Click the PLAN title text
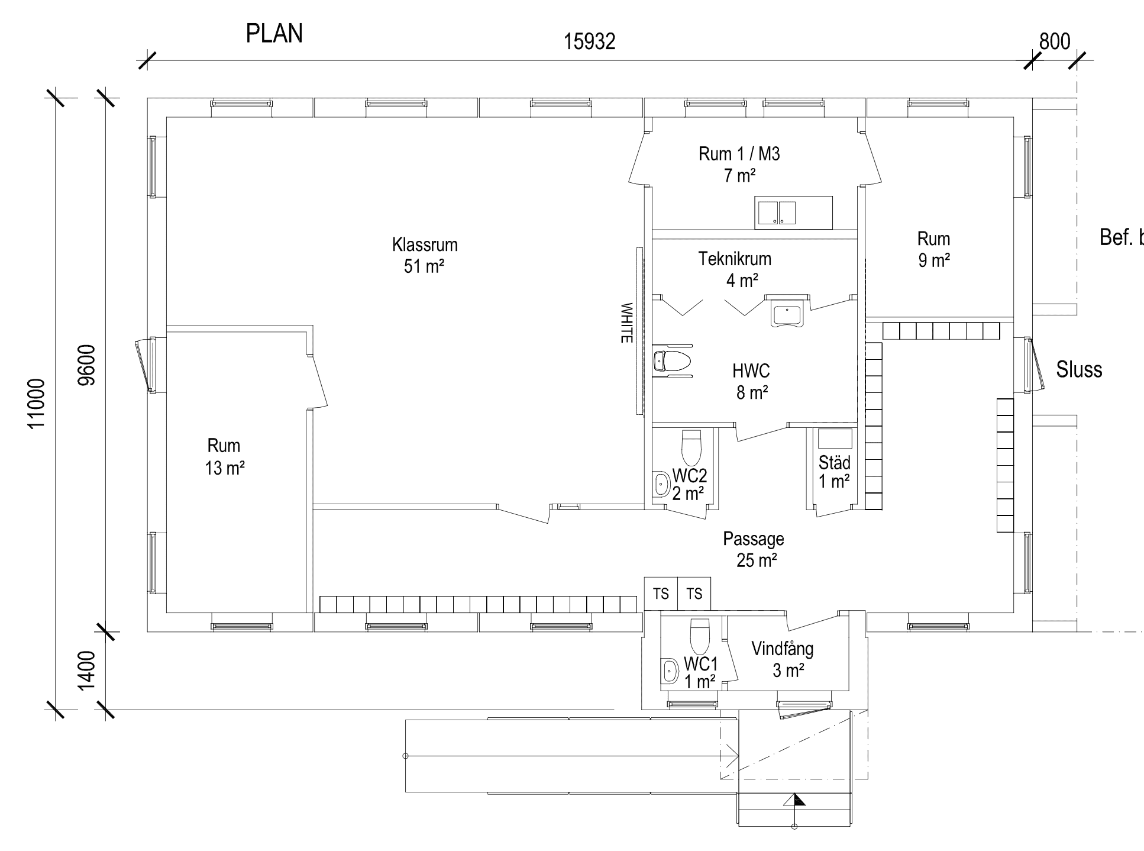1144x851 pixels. point(274,34)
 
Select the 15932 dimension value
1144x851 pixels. point(589,41)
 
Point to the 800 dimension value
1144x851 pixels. point(1055,41)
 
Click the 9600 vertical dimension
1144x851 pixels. point(87,365)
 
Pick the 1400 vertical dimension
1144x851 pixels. point(87,670)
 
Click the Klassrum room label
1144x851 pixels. point(425,255)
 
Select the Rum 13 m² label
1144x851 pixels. point(224,456)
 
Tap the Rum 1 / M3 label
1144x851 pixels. point(739,164)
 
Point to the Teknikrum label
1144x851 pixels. point(735,269)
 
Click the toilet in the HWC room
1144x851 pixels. point(672,360)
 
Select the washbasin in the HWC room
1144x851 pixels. point(787,311)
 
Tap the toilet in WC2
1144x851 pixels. point(691,448)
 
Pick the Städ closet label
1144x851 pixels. point(835,471)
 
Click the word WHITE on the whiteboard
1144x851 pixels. point(626,323)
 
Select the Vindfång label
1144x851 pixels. point(783,659)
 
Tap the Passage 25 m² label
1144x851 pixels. point(754,549)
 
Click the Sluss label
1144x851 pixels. point(1080,370)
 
